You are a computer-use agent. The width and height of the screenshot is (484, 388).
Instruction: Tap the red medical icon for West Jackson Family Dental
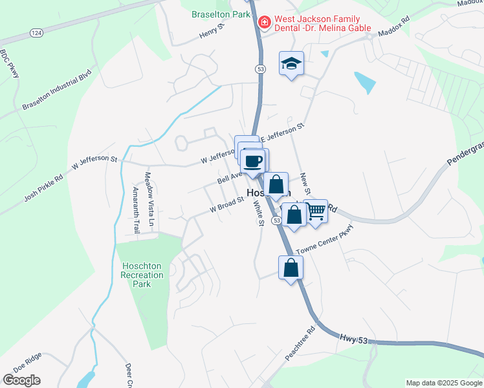[264, 23]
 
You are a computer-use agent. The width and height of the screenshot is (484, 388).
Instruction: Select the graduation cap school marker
[291, 63]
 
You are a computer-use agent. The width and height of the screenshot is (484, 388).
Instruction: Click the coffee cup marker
[254, 160]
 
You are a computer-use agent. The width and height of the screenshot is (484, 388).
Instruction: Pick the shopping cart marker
[316, 211]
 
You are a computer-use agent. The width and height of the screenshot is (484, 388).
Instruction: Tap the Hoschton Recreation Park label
[142, 275]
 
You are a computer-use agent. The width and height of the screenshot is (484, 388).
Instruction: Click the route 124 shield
[36, 32]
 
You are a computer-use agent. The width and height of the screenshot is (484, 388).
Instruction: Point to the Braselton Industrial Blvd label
[57, 90]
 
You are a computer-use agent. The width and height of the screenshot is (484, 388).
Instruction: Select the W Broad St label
[226, 205]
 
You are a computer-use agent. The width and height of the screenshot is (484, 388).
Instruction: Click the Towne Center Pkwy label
[325, 240]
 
